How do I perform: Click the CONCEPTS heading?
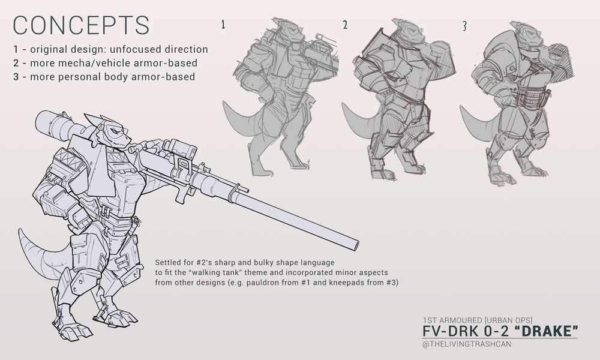[x=81, y=25]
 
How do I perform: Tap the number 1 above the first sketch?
[x=223, y=25]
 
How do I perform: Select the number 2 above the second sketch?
[x=345, y=25]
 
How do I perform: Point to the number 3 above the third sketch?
[x=464, y=26]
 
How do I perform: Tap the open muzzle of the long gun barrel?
[x=355, y=244]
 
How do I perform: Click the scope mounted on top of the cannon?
[x=179, y=148]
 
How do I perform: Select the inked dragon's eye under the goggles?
[x=113, y=130]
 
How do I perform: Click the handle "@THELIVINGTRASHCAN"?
[x=466, y=344]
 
